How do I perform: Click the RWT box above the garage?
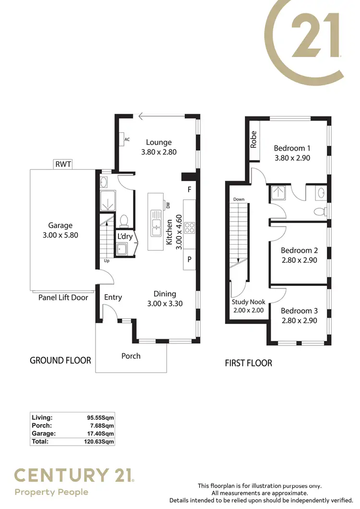[63, 165]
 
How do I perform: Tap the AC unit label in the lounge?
[127, 140]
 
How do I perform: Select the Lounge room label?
[159, 142]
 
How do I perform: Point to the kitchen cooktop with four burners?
[189, 228]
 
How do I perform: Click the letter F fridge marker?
[190, 189]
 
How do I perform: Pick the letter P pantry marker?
[190, 260]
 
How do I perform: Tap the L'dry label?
[125, 236]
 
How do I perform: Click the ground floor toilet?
[124, 221]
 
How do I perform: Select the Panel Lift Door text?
[63, 297]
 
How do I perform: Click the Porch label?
[131, 355]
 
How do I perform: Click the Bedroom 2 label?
[299, 250]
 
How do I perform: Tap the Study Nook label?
[249, 302]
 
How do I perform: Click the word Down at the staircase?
[239, 199]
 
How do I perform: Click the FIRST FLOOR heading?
[248, 363]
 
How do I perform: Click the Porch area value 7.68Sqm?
[99, 425]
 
